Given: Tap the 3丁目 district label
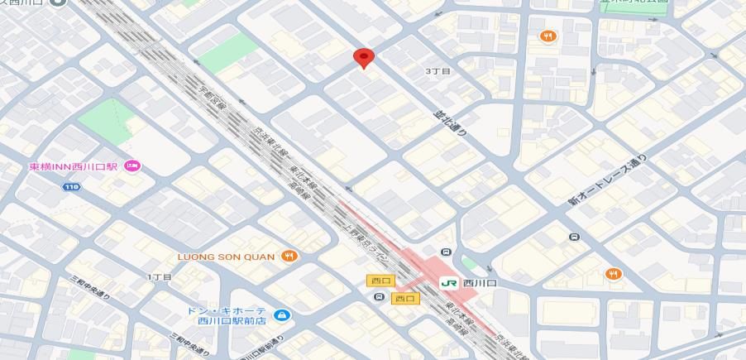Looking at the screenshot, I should point(438,72).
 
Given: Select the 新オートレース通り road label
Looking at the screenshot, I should point(606,180).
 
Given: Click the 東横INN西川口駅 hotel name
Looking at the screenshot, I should point(74,166).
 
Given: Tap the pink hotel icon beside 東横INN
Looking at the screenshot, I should point(132,166).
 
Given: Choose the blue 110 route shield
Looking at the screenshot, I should point(72,187).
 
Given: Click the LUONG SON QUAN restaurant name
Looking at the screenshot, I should point(226,257).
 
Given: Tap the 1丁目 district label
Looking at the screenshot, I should point(159,276).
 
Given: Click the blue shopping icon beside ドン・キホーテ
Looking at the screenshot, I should point(282,315).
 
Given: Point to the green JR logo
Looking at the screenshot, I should point(449,282).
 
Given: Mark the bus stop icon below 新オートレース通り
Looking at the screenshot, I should point(574,238).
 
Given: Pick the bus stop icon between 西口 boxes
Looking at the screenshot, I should point(380,296).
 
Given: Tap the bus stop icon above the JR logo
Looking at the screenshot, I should point(447,252).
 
